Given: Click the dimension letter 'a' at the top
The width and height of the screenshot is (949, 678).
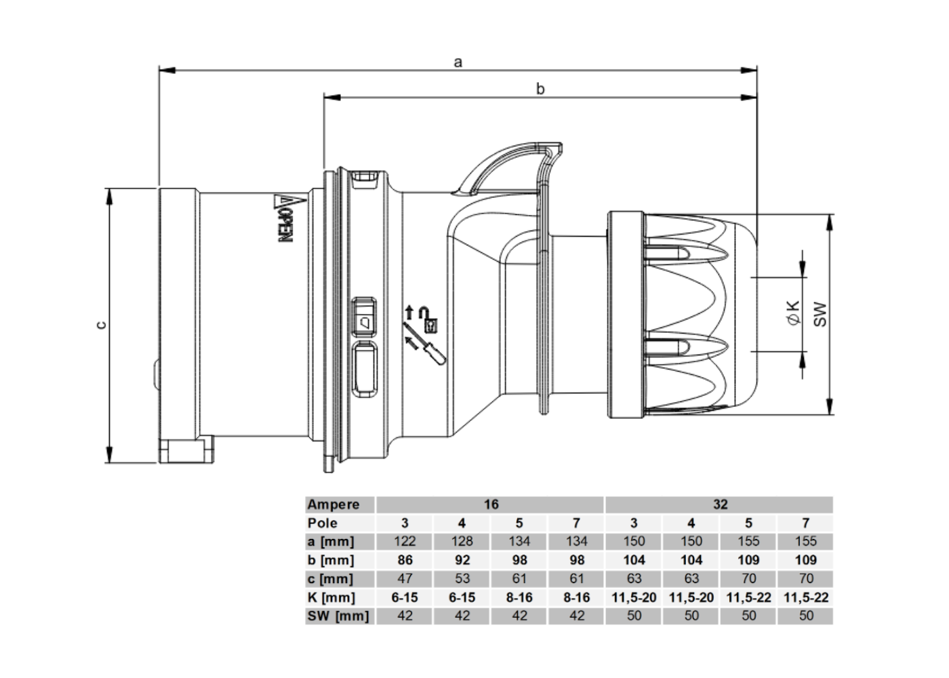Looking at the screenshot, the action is coord(458,62).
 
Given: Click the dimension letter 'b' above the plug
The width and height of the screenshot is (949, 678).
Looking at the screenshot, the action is coord(540,89).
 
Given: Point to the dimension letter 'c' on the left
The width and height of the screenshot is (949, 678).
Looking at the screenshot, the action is coord(101,325).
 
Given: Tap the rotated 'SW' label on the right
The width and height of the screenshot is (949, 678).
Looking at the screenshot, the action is coord(820,314).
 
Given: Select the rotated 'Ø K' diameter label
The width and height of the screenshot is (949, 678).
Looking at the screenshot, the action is coord(794,313).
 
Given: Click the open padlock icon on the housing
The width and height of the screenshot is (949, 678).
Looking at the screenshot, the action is coord(428,319).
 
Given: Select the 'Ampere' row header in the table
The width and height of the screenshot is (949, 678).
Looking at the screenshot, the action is coord(334,504).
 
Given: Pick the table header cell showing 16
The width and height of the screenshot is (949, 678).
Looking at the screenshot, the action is coord(491,504).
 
